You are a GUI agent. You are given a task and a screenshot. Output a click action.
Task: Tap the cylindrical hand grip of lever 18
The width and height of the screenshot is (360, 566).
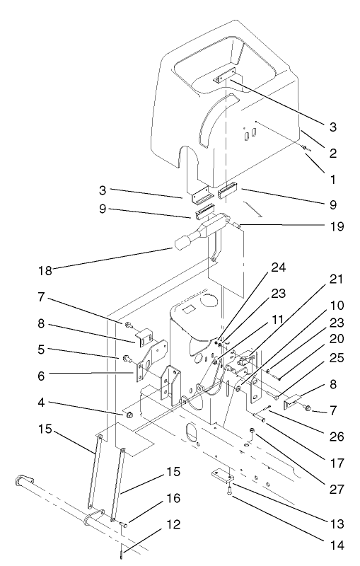tap(182, 245)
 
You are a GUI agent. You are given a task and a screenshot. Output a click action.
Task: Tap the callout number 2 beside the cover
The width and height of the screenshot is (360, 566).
tap(332, 152)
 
